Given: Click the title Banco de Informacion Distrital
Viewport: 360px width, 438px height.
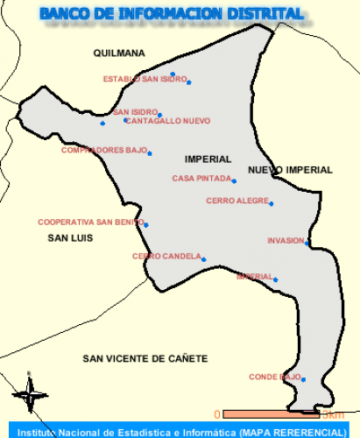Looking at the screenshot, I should (172, 14).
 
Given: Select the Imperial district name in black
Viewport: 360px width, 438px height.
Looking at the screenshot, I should (208, 159).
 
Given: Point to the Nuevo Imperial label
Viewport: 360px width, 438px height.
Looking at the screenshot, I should (290, 170).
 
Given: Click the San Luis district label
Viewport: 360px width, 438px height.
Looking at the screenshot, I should (70, 237).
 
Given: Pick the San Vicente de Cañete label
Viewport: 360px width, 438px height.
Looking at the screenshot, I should (145, 358).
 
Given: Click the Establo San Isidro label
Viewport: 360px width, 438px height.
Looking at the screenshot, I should (145, 80).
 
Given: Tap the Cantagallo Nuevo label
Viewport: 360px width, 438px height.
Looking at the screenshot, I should (167, 121).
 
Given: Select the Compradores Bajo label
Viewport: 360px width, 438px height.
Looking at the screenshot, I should (103, 150).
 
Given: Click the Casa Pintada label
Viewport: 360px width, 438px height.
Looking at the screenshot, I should (201, 179).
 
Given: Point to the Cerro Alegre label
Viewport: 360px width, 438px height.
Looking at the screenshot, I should (237, 201).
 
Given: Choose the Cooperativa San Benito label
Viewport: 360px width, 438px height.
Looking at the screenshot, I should (90, 222).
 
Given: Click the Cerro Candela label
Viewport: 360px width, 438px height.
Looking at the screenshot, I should (166, 257).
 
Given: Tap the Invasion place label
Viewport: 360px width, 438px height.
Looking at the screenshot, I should (286, 240).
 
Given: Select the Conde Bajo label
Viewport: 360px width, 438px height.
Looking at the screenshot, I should (274, 377).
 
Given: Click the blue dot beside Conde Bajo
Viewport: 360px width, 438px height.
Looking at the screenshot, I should (303, 379).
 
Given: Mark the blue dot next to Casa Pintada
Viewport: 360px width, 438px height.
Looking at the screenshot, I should (234, 181).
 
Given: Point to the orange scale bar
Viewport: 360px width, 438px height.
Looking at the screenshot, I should (258, 413).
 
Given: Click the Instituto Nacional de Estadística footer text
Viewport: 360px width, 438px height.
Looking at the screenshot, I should (180, 432).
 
